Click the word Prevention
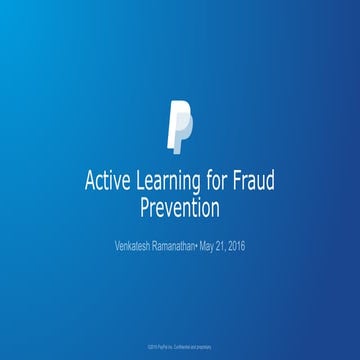(x=179, y=212)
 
